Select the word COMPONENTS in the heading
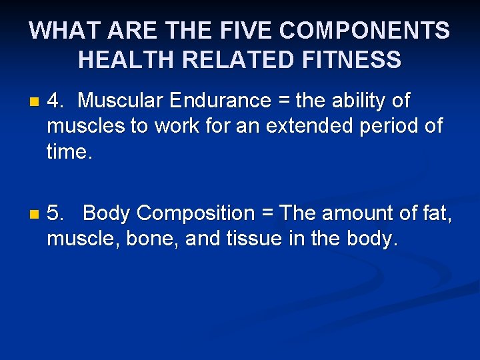(365, 31)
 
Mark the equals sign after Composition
(267, 215)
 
